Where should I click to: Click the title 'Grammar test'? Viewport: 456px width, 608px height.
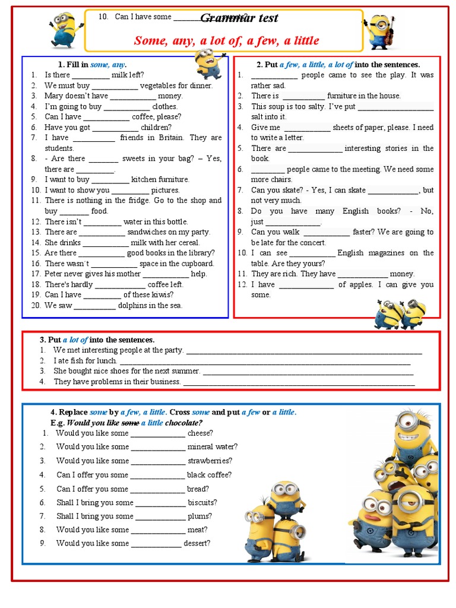239,18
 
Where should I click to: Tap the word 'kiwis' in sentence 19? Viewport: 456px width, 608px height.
159,295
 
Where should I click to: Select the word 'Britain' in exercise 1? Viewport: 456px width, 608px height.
167,138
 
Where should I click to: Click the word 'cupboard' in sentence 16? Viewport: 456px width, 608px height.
195,264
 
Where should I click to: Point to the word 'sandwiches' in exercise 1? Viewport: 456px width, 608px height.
147,232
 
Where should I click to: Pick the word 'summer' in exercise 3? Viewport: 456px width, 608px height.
185,371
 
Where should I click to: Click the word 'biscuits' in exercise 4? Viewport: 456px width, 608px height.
202,503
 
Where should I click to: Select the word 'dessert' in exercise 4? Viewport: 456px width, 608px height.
197,543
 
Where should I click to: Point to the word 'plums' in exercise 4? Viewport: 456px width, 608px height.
199,517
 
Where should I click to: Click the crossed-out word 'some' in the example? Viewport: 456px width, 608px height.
129,423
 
